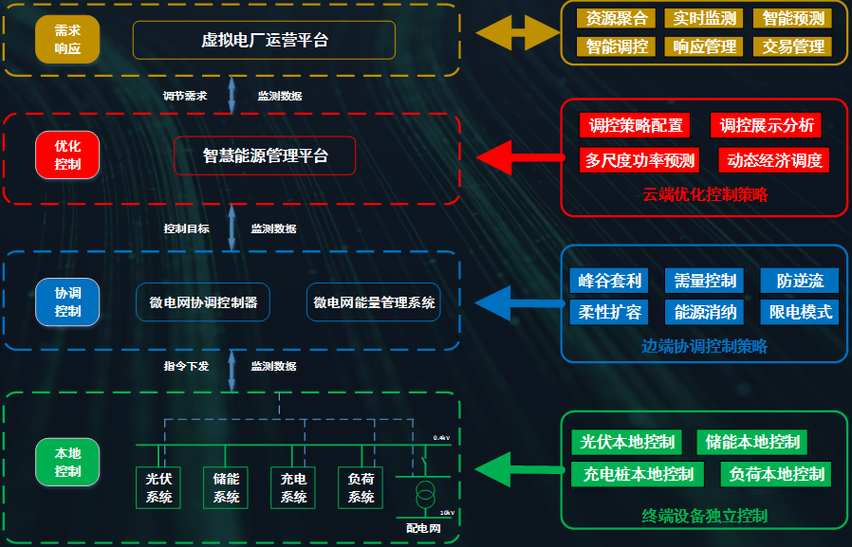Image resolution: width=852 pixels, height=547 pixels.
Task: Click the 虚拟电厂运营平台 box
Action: pos(264,40)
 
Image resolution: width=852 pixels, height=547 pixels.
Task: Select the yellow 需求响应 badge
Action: pos(67,39)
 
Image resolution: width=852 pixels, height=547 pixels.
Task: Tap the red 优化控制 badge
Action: pos(67,155)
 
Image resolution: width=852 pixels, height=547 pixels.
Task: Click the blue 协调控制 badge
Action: pos(67,301)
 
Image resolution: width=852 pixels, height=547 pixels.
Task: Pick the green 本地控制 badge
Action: pos(67,462)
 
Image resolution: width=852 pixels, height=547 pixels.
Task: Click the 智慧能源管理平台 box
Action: pos(265,155)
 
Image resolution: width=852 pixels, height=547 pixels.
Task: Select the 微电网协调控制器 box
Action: pos(203,302)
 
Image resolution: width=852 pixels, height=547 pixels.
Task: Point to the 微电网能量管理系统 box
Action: pos(374,302)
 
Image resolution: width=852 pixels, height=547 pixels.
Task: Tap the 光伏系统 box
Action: pos(159,487)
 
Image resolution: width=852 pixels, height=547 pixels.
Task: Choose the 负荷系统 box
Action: pos(361,487)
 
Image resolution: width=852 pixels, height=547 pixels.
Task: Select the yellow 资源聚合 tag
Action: pos(617,18)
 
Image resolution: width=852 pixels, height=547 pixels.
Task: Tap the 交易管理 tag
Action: pos(791,46)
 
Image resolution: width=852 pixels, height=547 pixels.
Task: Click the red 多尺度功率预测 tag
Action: pos(639,160)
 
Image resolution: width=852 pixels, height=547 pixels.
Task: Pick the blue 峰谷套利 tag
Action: pos(608,281)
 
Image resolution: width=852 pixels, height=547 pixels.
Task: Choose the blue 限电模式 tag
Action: pos(799,312)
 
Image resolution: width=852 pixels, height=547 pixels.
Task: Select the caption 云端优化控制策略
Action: pos(705,194)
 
